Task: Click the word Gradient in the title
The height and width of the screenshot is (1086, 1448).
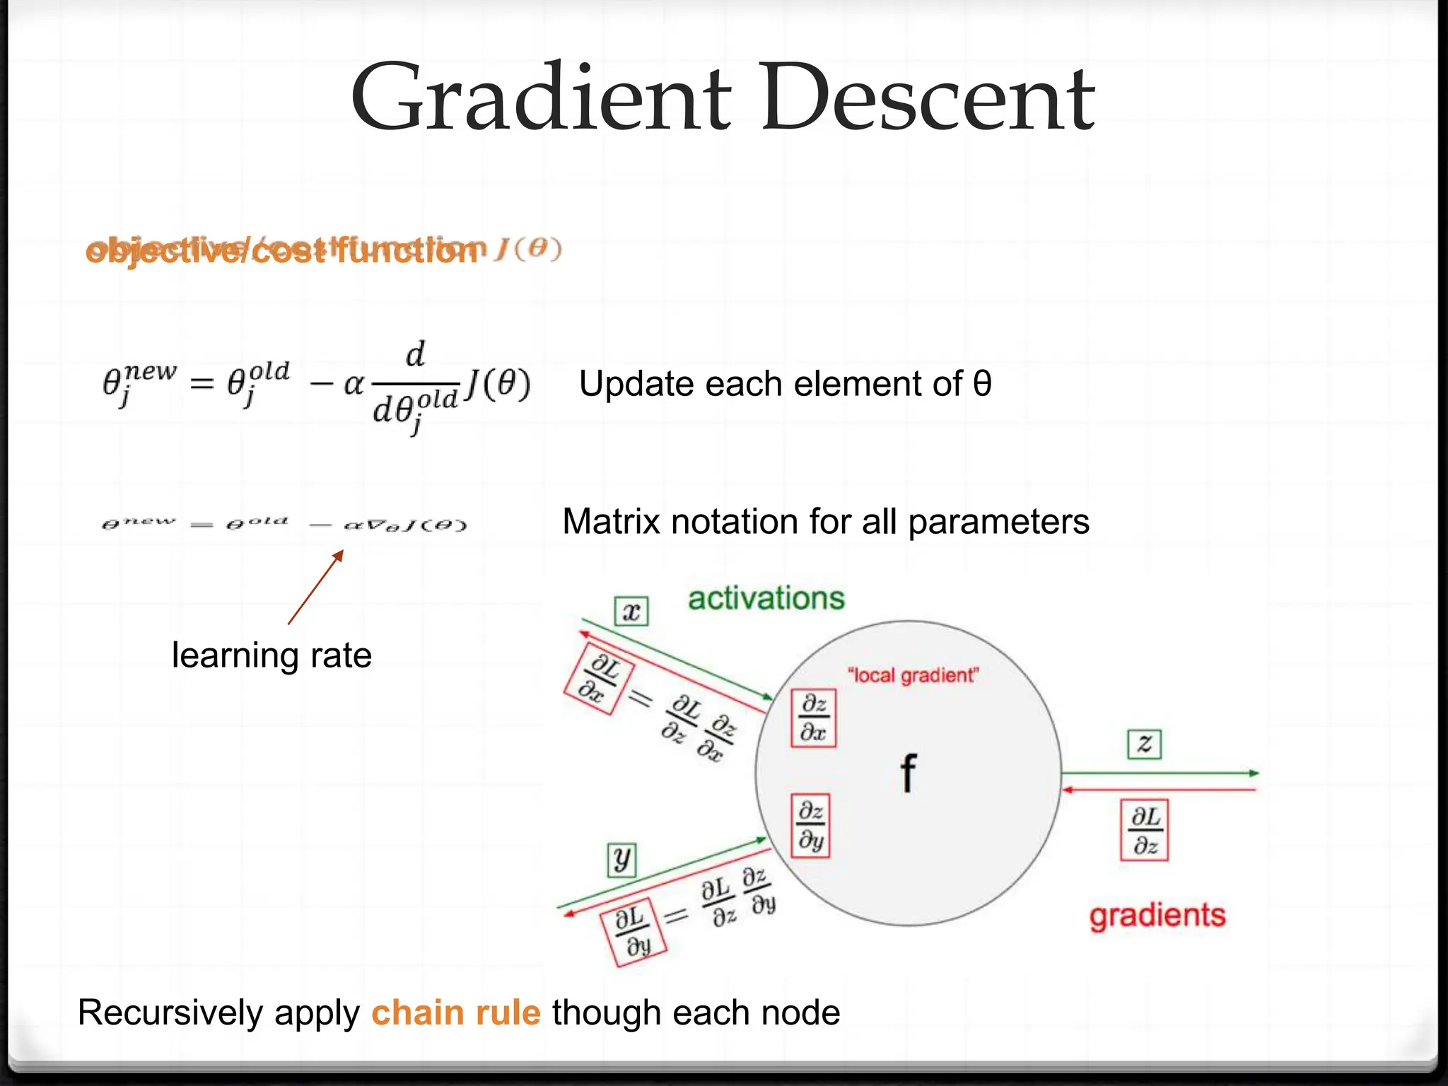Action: [x=541, y=99]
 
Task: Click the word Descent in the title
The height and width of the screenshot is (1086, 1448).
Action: [x=928, y=99]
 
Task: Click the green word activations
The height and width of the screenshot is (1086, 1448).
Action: [x=766, y=598]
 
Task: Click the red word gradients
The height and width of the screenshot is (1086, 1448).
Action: [x=1157, y=915]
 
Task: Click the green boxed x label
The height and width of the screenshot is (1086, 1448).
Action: [x=631, y=611]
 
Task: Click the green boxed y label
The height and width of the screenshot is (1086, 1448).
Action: [x=622, y=860]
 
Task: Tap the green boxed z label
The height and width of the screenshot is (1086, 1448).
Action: [x=1144, y=744]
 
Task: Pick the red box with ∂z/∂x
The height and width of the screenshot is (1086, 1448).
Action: [x=813, y=718]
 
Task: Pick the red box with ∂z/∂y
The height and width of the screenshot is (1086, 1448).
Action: [x=810, y=825]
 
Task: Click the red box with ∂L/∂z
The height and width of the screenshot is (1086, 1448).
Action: [x=1144, y=830]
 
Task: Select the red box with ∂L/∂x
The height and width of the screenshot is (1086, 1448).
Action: [x=598, y=679]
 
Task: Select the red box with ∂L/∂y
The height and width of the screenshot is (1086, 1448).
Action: [x=633, y=932]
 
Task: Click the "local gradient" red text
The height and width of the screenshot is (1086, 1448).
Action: [x=913, y=675]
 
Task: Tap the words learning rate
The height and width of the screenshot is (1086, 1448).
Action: [x=271, y=655]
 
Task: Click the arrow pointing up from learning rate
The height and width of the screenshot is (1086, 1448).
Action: [x=316, y=588]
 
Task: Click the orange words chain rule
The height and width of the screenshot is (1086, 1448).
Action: [x=456, y=1012]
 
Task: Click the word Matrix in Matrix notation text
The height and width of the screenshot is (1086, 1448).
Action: [x=610, y=522]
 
